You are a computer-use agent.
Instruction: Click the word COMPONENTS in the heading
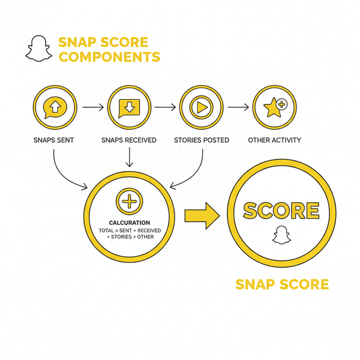pos(109,58)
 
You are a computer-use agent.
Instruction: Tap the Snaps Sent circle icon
pos(54,107)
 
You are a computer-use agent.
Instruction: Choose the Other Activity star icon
pos(274,107)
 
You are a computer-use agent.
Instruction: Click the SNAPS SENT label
pos(54,140)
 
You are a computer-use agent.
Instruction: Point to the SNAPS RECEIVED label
pos(128,140)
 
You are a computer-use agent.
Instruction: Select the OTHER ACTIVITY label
pos(274,140)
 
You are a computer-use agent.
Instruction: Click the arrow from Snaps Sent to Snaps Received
pos(92,108)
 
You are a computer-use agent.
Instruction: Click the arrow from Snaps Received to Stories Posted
pos(164,108)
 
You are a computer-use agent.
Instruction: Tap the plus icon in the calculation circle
pos(129,201)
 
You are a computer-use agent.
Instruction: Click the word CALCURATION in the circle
pos(129,223)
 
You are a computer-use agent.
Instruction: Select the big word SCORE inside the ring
pos(280,211)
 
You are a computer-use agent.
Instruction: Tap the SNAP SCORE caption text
pos(282,284)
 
